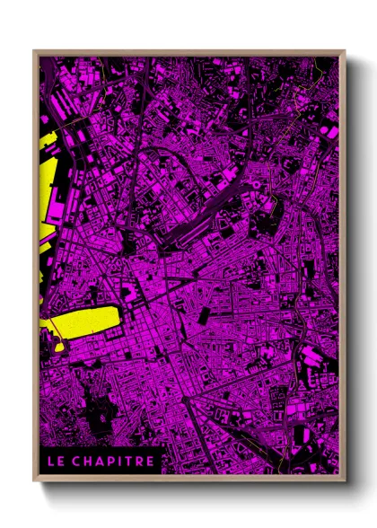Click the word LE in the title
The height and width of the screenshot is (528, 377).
tap(56, 462)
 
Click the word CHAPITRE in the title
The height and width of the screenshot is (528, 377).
tap(115, 462)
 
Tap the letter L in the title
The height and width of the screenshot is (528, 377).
tap(51, 462)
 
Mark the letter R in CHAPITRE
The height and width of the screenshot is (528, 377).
tap(139, 462)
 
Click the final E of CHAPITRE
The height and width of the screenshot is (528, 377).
tap(150, 462)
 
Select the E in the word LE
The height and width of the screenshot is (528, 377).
tap(61, 462)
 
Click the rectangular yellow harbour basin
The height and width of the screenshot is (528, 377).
tap(85, 320)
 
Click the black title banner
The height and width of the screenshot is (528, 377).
tap(101, 462)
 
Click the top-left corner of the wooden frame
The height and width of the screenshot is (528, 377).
tap(35, 52)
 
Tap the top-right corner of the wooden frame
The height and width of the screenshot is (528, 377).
tap(344, 52)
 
